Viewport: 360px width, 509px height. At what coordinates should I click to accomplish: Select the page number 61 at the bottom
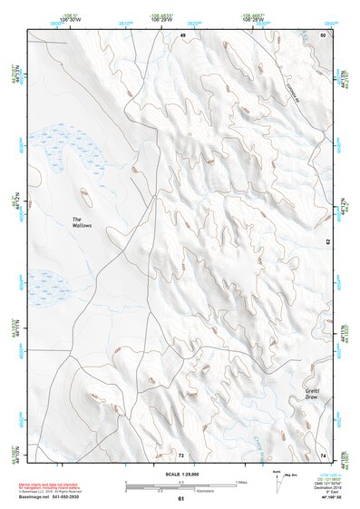pyautogui.click(x=181, y=499)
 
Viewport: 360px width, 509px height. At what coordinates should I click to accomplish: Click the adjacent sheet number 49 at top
pyautogui.click(x=182, y=34)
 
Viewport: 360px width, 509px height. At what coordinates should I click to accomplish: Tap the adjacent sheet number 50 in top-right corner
pyautogui.click(x=325, y=34)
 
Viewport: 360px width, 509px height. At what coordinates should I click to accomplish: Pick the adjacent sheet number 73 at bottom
pyautogui.click(x=181, y=455)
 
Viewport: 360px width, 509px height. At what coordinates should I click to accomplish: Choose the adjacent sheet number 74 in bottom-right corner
pyautogui.click(x=324, y=455)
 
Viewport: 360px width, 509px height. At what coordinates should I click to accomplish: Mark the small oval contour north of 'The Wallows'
pyautogui.click(x=84, y=193)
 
